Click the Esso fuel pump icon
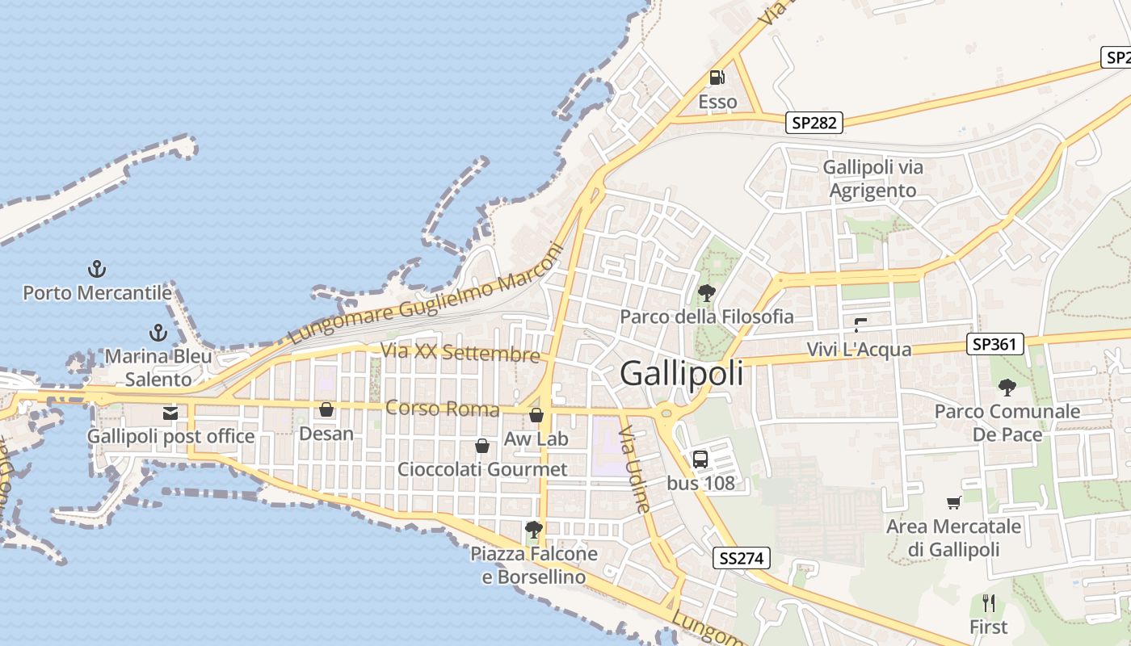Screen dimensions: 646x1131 (x=717, y=78)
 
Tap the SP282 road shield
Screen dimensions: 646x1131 (x=814, y=123)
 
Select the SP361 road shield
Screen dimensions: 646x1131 (x=994, y=345)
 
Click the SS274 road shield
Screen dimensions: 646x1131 (x=742, y=557)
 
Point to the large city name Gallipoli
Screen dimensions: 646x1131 (x=681, y=374)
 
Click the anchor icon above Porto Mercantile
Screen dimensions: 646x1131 (x=97, y=268)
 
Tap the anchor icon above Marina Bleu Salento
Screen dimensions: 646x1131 (x=158, y=332)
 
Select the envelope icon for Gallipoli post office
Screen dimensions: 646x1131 (x=170, y=413)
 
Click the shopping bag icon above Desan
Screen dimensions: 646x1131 (x=326, y=409)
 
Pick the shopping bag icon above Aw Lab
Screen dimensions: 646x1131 (x=536, y=415)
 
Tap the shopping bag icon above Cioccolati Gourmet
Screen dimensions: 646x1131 (x=482, y=446)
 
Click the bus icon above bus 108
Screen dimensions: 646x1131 (x=700, y=459)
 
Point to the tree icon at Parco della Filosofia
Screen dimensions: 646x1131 (x=707, y=292)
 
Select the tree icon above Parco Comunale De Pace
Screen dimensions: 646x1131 (x=1007, y=387)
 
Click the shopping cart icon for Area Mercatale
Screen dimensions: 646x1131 (x=954, y=502)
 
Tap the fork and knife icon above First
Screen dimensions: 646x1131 (x=988, y=602)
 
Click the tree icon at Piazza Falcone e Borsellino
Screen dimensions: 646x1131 (x=533, y=530)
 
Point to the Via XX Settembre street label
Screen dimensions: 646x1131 (x=460, y=353)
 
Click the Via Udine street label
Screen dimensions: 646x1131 (x=634, y=472)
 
